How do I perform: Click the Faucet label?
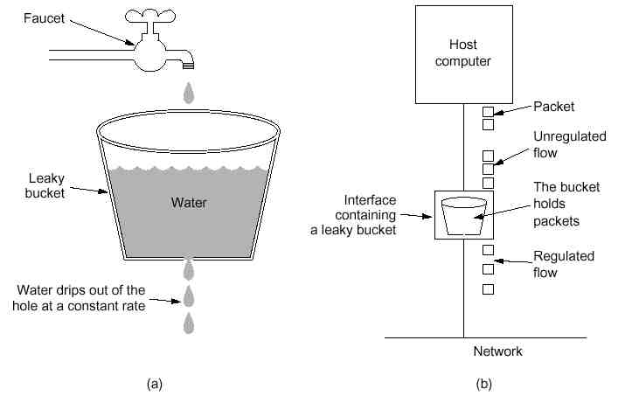tap(44, 18)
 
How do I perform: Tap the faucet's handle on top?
tap(149, 17)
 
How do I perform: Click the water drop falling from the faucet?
tap(189, 93)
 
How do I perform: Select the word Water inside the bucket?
tap(189, 203)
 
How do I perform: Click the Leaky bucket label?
tap(45, 185)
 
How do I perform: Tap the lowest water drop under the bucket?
tap(189, 323)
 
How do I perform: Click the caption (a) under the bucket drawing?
tap(155, 384)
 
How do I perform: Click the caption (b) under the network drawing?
tap(484, 384)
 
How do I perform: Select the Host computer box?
tap(464, 54)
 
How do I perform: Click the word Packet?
tap(553, 107)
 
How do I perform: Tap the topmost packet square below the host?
tap(489, 112)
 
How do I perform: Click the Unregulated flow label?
tap(570, 144)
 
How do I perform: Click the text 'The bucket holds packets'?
tap(566, 204)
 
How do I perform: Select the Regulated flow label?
tap(564, 264)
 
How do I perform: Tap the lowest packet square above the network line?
tap(489, 289)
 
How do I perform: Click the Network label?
tap(498, 351)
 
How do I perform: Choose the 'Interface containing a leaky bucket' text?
tap(353, 215)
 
